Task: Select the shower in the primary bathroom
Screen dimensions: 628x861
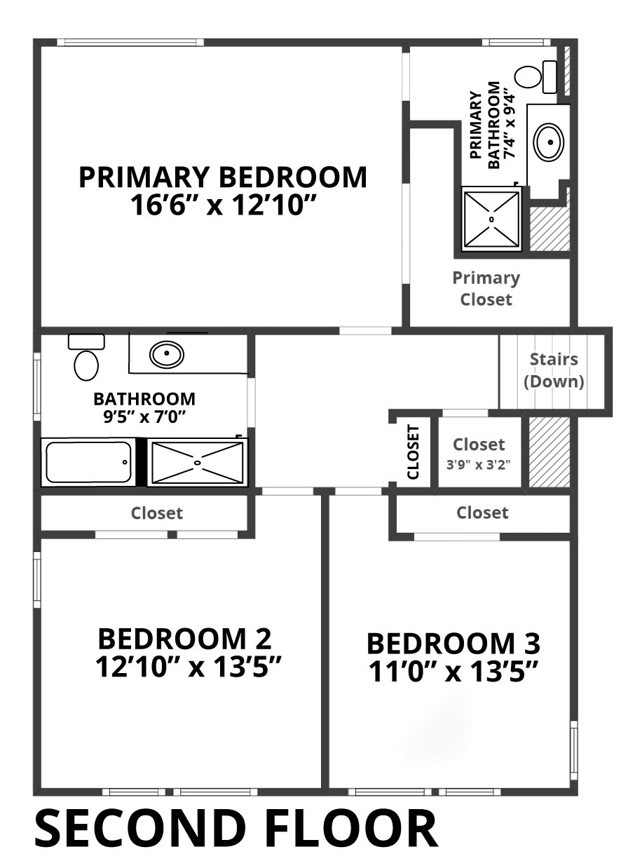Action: click(491, 219)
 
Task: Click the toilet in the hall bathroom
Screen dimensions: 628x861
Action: click(86, 357)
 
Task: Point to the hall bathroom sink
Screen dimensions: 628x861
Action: click(166, 353)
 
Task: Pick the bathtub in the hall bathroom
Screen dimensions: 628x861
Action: click(88, 462)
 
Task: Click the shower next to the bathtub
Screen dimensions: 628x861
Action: click(198, 461)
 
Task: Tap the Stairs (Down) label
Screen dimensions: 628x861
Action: click(554, 370)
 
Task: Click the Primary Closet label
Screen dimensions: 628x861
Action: click(486, 288)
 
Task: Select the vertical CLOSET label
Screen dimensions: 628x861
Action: click(413, 452)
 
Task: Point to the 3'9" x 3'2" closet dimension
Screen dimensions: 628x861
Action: click(479, 465)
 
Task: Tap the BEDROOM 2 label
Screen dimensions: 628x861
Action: click(185, 638)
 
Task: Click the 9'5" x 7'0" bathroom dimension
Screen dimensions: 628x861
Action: click(144, 416)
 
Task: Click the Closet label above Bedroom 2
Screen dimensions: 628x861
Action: click(157, 513)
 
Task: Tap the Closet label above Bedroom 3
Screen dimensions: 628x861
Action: click(482, 513)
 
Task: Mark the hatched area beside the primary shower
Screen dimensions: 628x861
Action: click(549, 229)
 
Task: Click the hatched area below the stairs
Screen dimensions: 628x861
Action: click(549, 452)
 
